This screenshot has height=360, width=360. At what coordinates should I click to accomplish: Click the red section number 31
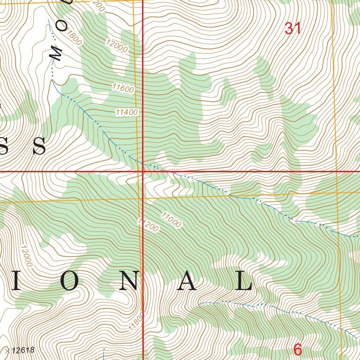point(292,28)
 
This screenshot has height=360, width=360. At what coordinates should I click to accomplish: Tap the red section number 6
point(297,350)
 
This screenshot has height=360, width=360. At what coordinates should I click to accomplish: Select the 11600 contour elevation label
point(123,88)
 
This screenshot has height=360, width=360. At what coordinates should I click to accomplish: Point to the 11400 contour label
point(127,112)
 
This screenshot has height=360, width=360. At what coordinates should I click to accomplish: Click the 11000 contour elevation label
point(172,219)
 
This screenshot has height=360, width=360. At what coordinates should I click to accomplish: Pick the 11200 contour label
point(148,225)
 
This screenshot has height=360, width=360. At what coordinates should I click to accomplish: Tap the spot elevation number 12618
point(23,350)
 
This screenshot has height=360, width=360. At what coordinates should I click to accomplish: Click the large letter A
point(186,281)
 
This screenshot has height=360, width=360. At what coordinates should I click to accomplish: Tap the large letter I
point(16,281)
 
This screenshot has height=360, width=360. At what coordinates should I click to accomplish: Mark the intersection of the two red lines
point(143,172)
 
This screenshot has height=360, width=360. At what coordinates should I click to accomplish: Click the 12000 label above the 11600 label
point(117,45)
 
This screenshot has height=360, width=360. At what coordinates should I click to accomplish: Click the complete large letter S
point(39,146)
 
